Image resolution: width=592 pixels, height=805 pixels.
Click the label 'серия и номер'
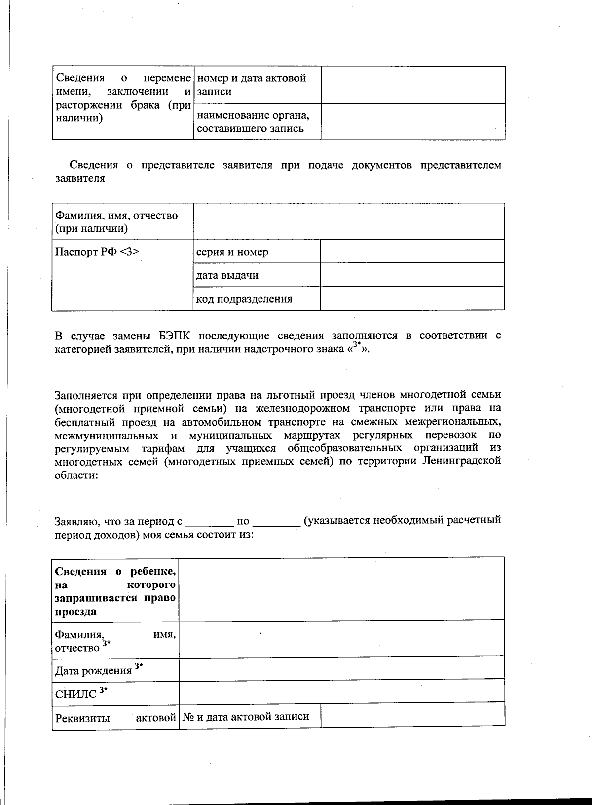(232, 252)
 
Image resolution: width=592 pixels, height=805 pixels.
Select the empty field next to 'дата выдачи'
(412, 275)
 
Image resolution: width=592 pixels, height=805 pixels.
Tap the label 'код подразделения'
(244, 299)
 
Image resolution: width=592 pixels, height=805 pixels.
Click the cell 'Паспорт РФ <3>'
(97, 252)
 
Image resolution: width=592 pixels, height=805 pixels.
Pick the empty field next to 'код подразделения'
(412, 298)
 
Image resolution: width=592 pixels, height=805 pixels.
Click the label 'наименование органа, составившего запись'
(253, 122)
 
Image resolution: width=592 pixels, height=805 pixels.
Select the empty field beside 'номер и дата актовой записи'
(413, 84)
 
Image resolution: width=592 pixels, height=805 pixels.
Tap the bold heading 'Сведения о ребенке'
(115, 572)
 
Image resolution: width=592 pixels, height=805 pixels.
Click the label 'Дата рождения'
(93, 671)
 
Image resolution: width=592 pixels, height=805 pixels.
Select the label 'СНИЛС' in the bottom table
(75, 695)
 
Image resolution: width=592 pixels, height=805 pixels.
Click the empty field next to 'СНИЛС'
(341, 691)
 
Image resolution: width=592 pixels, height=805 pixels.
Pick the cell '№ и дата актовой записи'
(246, 717)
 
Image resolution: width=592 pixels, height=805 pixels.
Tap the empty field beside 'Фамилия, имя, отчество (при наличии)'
(349, 221)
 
